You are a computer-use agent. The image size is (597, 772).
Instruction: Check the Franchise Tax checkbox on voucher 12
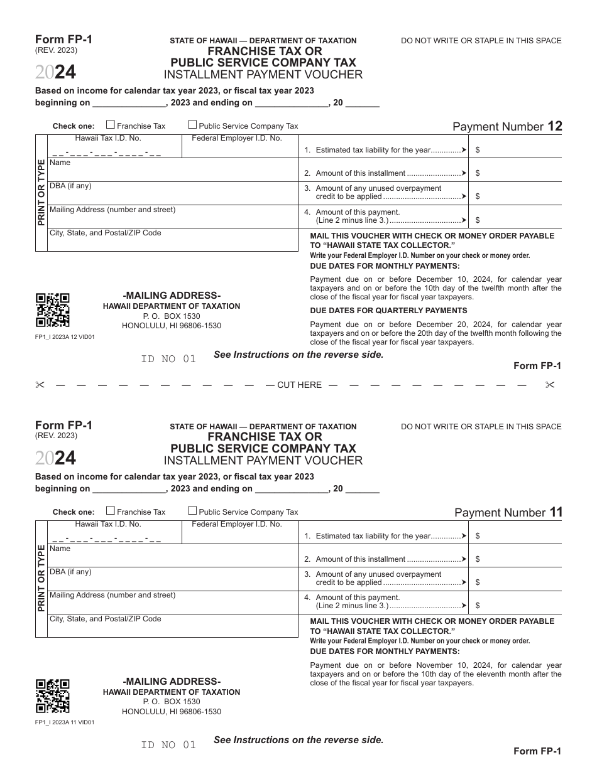pos(111,125)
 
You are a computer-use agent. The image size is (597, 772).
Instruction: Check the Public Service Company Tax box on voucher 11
pos(193,511)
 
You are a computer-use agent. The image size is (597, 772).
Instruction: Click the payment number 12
pos(555,126)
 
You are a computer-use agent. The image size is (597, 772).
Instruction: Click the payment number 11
pos(556,512)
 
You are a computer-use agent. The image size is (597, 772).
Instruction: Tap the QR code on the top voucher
pos(52,310)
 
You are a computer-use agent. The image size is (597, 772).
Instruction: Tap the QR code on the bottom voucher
pos(52,696)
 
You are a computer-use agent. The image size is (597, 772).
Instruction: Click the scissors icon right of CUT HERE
pos(550,385)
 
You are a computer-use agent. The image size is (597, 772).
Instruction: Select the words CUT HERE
pos(299,385)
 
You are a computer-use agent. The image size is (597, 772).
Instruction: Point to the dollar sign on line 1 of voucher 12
pos(478,150)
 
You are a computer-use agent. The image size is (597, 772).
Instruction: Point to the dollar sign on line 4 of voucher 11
pos(478,606)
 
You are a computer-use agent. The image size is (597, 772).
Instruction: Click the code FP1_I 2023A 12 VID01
pos(65,337)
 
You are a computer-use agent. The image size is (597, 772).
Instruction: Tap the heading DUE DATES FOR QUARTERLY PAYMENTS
pos(388,311)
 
